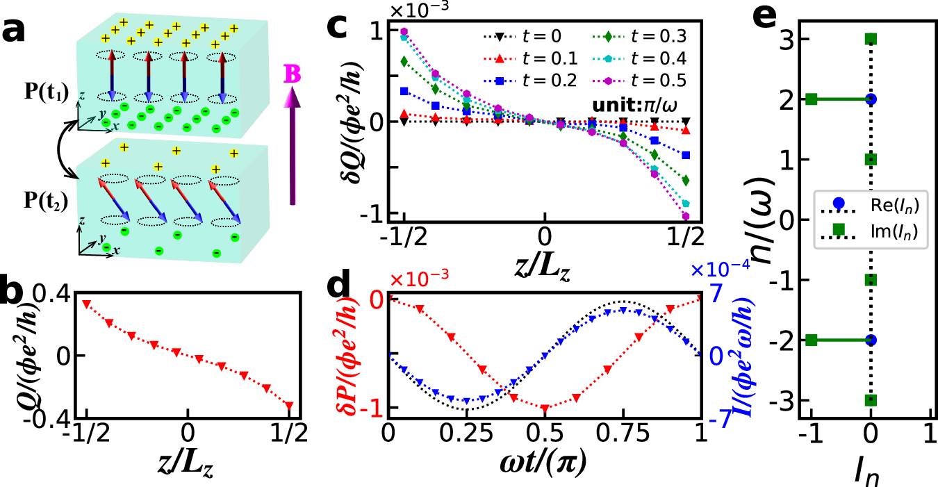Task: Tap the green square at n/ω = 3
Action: pyautogui.click(x=870, y=39)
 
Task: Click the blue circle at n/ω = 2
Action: pyautogui.click(x=870, y=99)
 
